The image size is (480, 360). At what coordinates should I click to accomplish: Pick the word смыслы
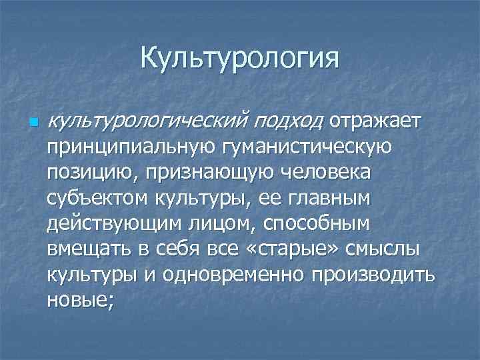click(x=381, y=250)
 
